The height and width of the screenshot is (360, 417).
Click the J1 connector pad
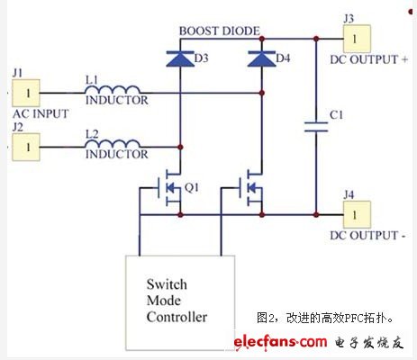point(26,93)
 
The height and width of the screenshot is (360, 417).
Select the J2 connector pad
point(26,147)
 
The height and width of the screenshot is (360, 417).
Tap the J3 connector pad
point(357,39)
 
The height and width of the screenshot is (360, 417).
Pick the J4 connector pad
point(357,215)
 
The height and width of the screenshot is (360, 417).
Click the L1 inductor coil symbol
point(113,90)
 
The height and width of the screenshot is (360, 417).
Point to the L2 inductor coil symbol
point(113,144)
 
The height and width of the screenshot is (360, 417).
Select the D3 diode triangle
point(180,58)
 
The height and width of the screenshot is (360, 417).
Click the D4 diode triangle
point(262,58)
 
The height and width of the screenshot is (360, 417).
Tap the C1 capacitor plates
point(316,127)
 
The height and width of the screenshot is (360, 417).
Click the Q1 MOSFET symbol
point(169,188)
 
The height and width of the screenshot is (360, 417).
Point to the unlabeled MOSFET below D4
point(250,188)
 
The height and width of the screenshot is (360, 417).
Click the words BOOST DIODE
point(220,31)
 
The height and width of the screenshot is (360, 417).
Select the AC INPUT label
point(41,113)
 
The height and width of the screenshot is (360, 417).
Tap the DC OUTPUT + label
point(369,59)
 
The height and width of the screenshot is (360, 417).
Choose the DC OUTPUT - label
point(367,236)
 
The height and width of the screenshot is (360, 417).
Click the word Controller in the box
point(177,317)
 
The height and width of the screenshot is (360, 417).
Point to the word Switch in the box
point(167,284)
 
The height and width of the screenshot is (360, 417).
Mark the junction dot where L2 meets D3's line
point(180,147)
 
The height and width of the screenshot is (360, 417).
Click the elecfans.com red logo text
point(280,342)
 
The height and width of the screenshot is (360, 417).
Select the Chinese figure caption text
point(325,318)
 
